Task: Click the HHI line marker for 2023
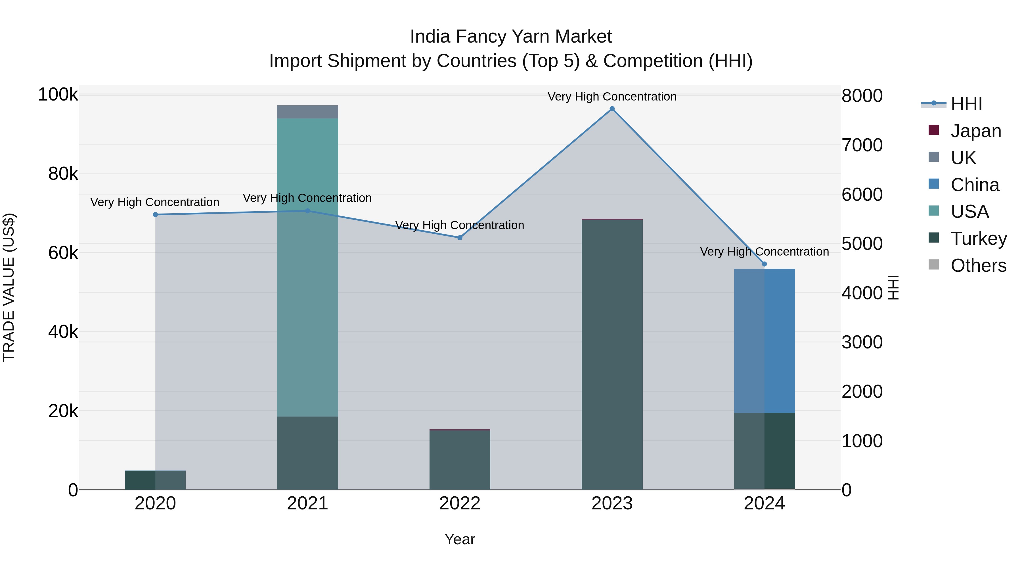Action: point(612,109)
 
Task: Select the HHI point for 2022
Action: point(460,238)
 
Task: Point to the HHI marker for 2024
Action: point(765,264)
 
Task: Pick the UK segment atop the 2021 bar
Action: point(307,112)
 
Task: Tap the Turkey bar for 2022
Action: point(460,460)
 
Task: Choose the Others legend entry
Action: point(978,265)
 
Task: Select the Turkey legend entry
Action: point(978,239)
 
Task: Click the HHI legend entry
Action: point(966,104)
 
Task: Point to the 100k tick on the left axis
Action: point(58,95)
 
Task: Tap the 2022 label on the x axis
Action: point(460,503)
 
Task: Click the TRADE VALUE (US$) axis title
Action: point(9,287)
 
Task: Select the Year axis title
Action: point(460,539)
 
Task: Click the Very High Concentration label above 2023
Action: point(612,97)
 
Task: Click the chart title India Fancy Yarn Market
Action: point(511,37)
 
